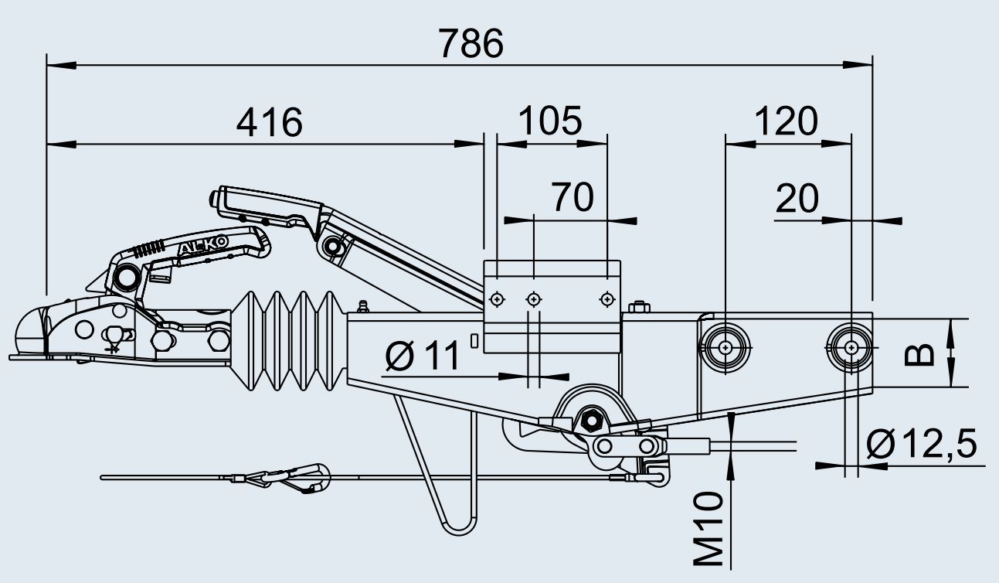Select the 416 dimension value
(270, 123)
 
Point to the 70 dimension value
(573, 197)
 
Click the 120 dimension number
(785, 121)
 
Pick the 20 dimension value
(797, 199)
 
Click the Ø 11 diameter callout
(422, 357)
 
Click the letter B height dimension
(919, 353)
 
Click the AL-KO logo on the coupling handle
(204, 247)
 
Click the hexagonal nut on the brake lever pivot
(593, 421)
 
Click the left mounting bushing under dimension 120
(725, 348)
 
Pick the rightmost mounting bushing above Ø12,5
(851, 347)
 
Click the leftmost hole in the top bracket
(498, 298)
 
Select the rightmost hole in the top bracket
(607, 298)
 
